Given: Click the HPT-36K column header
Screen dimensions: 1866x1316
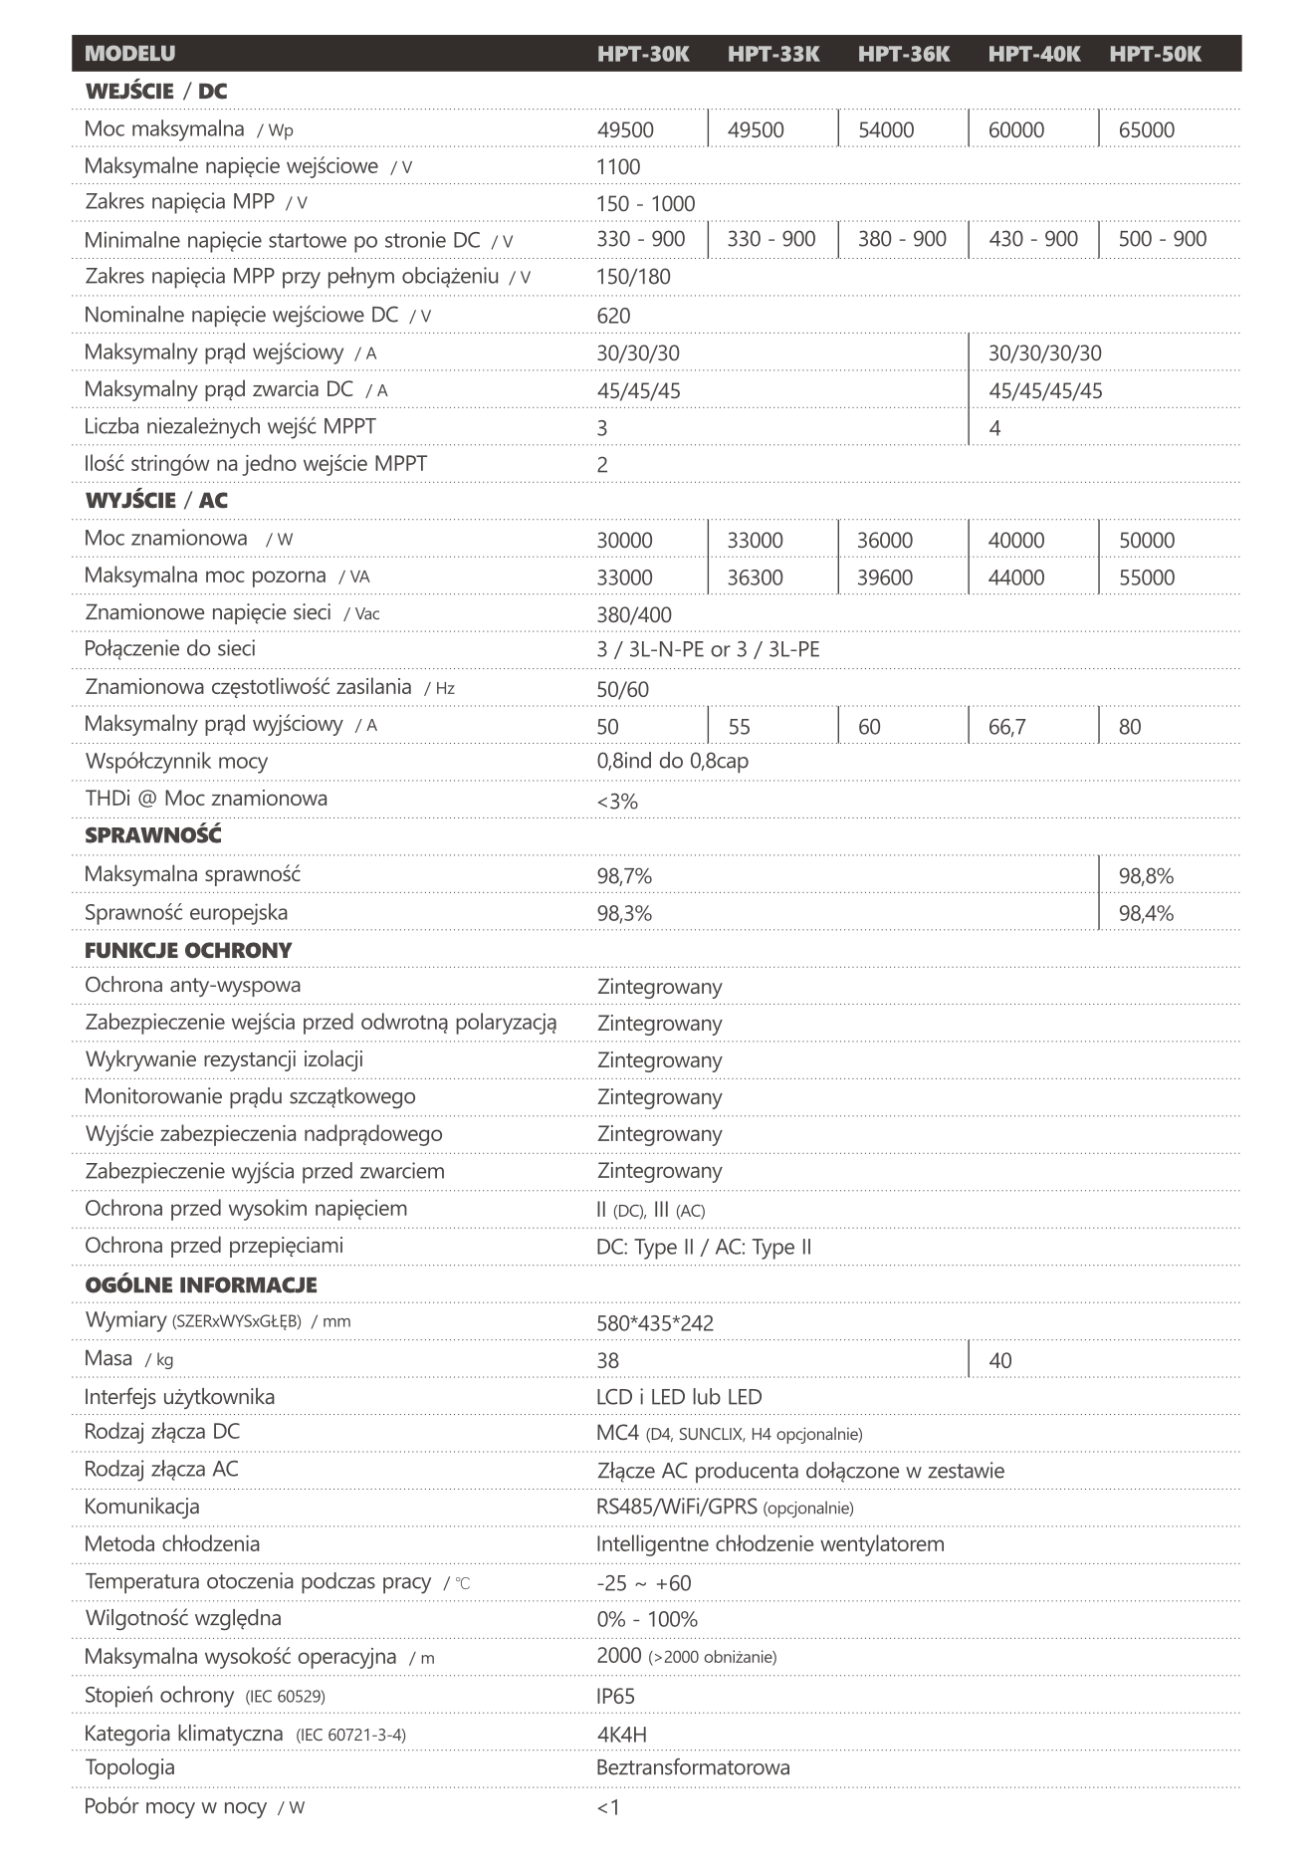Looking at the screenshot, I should point(903,54).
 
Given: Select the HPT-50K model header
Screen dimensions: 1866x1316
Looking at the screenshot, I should point(1155,54).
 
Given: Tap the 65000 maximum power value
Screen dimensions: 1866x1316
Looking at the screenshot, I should point(1146,130).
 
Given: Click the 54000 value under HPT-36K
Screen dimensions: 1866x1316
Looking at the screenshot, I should point(885,130).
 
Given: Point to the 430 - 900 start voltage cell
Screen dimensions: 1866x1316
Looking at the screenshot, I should point(1032,239).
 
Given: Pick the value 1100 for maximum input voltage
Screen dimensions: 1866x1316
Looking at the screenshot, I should point(618,167).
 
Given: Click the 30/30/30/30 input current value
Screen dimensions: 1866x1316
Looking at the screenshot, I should point(1044,353).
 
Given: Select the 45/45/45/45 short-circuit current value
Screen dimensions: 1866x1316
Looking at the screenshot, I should point(1045,391).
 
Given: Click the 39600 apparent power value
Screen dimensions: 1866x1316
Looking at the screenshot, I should point(884,578).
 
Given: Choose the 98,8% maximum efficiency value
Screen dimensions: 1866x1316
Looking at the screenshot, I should point(1146,876).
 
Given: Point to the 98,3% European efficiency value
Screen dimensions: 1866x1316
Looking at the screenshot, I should point(624,913).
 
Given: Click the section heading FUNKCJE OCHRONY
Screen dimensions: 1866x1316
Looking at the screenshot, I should point(188,951).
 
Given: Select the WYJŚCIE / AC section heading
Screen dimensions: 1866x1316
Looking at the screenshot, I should point(156,501).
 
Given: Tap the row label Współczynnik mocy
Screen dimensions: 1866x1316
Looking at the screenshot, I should point(176,762).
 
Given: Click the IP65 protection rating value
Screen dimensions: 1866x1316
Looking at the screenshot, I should point(615,1697).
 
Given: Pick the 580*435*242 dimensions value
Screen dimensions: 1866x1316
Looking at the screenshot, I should point(654,1323).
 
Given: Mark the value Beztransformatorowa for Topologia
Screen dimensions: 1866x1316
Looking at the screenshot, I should point(693,1768).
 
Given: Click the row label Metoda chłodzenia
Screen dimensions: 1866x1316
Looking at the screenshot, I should point(172,1544).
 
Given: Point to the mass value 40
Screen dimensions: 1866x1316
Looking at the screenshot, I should point(999,1361).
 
